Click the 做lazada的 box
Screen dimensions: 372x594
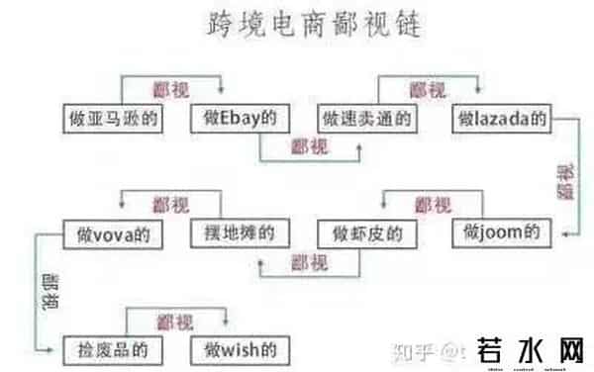tap(502, 118)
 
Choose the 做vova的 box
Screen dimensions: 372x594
tap(111, 234)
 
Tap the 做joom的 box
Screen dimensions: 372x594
tap(502, 234)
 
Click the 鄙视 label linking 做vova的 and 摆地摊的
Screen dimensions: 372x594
tap(170, 205)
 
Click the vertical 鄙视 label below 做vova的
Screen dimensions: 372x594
tap(49, 295)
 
